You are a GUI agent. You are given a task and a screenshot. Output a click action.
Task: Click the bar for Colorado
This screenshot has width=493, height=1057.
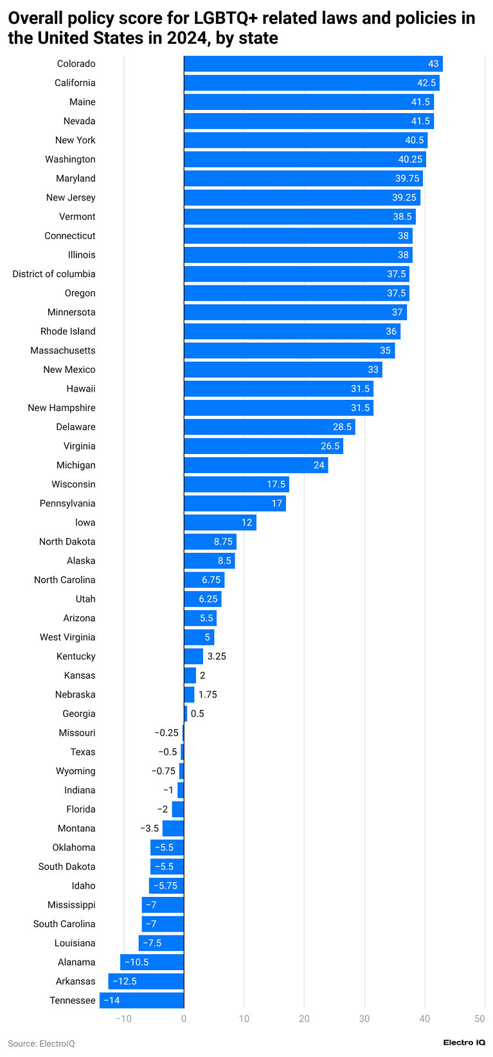(313, 64)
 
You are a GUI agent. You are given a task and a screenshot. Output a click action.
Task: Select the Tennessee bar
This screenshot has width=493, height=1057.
(141, 1000)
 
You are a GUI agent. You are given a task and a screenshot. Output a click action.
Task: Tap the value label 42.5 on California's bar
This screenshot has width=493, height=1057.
(426, 83)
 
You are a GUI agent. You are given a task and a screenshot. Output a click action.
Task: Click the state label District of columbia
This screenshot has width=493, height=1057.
(54, 274)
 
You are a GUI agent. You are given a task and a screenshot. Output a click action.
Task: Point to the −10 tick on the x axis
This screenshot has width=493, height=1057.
(123, 1018)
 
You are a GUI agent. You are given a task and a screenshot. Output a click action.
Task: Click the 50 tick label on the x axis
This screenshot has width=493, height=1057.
(480, 1018)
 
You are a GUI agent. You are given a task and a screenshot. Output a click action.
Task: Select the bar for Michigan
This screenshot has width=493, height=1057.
(256, 465)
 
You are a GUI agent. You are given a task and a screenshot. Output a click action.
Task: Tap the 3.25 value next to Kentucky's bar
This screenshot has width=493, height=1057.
(217, 656)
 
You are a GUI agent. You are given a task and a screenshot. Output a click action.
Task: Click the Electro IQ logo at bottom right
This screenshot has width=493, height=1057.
(464, 1042)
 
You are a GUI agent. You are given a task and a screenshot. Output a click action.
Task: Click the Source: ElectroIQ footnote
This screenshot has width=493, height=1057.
(41, 1043)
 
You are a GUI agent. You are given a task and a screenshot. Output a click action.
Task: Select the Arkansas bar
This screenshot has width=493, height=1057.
(146, 981)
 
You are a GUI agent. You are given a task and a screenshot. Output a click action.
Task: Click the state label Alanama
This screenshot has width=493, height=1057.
(76, 962)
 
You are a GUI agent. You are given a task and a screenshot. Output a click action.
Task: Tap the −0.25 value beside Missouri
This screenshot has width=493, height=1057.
(166, 733)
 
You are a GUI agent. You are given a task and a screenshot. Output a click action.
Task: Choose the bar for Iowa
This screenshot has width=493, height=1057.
(220, 523)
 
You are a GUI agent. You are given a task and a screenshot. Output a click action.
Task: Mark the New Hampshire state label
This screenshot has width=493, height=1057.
(62, 408)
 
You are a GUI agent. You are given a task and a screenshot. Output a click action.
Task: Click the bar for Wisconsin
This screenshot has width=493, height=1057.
(237, 484)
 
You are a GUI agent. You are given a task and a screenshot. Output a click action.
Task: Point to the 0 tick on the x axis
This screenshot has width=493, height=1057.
(184, 1018)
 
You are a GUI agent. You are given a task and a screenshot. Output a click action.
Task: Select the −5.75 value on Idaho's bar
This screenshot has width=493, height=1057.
(166, 886)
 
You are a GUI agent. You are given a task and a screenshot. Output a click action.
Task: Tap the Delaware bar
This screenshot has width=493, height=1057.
(269, 427)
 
